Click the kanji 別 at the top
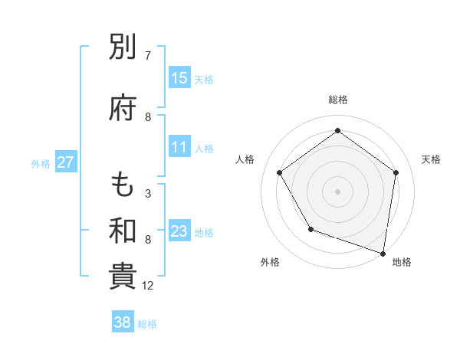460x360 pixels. pyautogui.click(x=123, y=50)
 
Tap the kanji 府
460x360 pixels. pyautogui.click(x=123, y=110)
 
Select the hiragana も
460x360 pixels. pyautogui.click(x=123, y=185)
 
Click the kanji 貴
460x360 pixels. pyautogui.click(x=123, y=277)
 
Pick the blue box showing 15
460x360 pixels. pyautogui.click(x=179, y=78)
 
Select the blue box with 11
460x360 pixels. pyautogui.click(x=179, y=147)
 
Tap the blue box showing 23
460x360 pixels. pyautogui.click(x=179, y=232)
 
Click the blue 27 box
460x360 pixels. pyautogui.click(x=66, y=162)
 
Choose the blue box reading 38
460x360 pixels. pyautogui.click(x=123, y=322)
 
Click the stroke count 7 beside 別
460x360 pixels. pyautogui.click(x=148, y=56)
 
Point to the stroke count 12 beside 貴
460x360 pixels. pyautogui.click(x=148, y=286)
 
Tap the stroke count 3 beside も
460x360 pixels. pyautogui.click(x=148, y=194)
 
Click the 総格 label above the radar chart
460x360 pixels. pyautogui.click(x=337, y=100)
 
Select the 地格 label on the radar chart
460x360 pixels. pyautogui.click(x=402, y=262)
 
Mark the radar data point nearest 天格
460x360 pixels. pyautogui.click(x=396, y=172)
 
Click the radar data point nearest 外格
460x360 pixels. pyautogui.click(x=310, y=229)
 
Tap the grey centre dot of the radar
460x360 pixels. pyautogui.click(x=337, y=191)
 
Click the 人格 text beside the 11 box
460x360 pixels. pyautogui.click(x=204, y=148)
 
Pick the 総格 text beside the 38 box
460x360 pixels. pyautogui.click(x=147, y=323)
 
